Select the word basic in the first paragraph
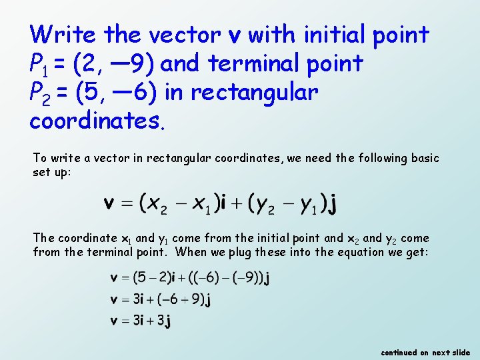(424, 158)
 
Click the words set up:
(52, 172)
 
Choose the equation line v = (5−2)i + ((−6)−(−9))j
(190, 277)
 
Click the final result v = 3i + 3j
(141, 321)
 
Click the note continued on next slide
(425, 352)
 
